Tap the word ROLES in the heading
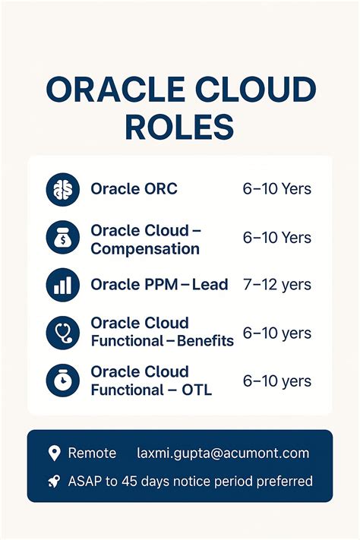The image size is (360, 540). click(x=180, y=127)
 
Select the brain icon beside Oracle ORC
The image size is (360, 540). click(x=62, y=189)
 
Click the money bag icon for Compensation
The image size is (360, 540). click(x=62, y=238)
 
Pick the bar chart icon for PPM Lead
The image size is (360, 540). click(x=62, y=285)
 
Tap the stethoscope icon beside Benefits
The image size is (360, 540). click(x=62, y=333)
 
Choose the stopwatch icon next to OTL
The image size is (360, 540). click(x=62, y=381)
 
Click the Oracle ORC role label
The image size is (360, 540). click(x=134, y=189)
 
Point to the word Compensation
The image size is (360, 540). click(x=145, y=249)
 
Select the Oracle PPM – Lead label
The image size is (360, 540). click(x=159, y=285)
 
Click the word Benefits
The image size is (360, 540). click(x=205, y=341)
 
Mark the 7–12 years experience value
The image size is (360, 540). click(x=276, y=285)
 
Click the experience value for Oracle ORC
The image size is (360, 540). click(x=276, y=189)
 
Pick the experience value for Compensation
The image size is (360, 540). click(x=276, y=238)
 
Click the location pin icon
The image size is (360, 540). click(x=54, y=453)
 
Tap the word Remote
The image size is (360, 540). click(x=92, y=453)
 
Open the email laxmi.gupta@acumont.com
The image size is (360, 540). click(x=223, y=453)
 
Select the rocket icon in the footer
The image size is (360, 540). click(x=54, y=481)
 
